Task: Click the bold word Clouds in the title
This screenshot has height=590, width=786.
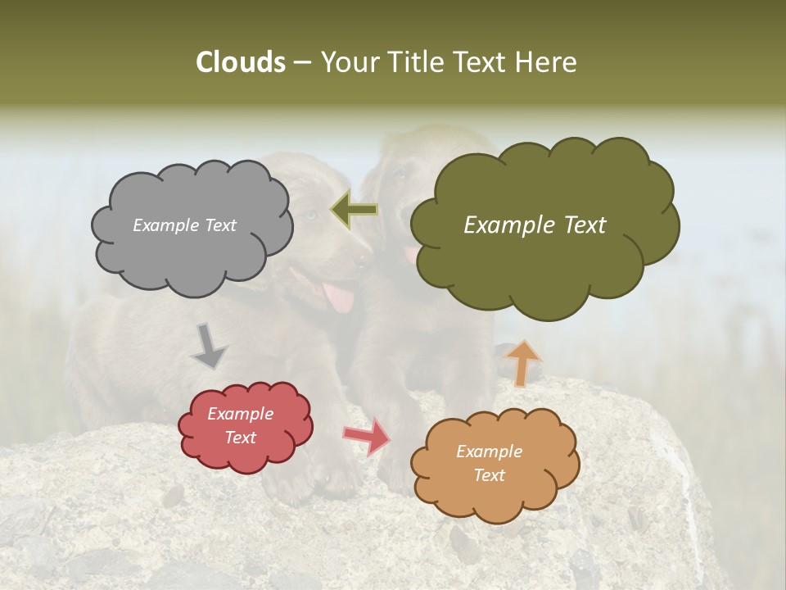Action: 241,62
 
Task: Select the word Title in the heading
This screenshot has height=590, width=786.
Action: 414,62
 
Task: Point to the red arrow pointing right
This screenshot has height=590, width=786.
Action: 368,435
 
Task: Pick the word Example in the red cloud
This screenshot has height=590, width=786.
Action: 240,415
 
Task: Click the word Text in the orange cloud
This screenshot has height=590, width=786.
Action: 489,475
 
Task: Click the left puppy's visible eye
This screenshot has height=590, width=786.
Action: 310,216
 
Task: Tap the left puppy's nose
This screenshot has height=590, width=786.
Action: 361,259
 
